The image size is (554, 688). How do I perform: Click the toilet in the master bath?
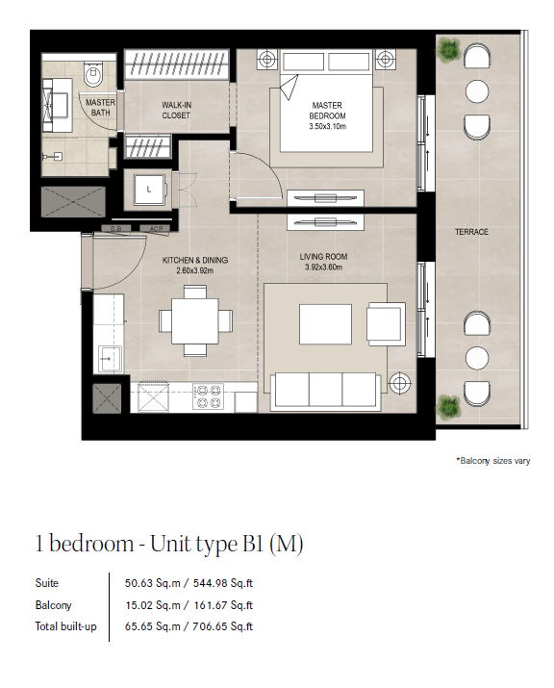[x=93, y=73]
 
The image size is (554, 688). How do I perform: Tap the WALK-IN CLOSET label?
[x=176, y=110]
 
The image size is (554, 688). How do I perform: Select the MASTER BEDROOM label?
[x=327, y=111]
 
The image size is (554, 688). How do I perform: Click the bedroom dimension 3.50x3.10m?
[x=327, y=127]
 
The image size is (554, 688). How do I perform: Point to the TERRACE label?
[x=471, y=232]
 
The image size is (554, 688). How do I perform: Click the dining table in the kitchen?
[x=195, y=320]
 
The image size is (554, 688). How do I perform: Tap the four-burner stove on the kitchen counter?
[x=209, y=396]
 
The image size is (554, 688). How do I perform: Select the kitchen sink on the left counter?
[x=110, y=359]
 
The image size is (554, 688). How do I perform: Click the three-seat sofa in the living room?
[x=325, y=392]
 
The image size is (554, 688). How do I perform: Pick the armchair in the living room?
[x=386, y=324]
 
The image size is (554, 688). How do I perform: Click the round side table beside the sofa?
[x=399, y=383]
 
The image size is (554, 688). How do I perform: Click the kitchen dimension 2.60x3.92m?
[x=195, y=270]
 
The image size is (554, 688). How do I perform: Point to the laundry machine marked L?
[x=150, y=190]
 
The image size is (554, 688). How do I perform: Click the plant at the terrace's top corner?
[x=448, y=49]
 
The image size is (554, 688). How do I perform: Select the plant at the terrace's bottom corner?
[x=448, y=406]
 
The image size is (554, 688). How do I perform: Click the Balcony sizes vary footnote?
[x=493, y=461]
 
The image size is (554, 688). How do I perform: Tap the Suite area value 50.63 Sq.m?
[x=153, y=583]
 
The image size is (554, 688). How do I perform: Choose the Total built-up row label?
[x=65, y=626]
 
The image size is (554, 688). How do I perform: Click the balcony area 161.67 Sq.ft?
[x=223, y=605]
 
